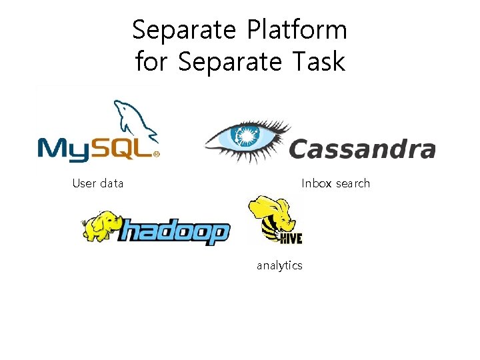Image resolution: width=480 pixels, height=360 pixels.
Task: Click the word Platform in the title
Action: pos(297,30)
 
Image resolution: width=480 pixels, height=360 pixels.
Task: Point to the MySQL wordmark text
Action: pos(97,147)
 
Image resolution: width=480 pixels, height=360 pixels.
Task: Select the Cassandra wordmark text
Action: pos(362,149)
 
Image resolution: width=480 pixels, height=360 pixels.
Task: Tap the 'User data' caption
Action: pos(98,183)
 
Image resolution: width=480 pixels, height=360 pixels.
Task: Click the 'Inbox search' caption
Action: pos(335,183)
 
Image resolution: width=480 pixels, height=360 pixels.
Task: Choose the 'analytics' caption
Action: pos(279,265)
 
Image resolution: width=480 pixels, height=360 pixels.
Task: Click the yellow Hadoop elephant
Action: pos(101,225)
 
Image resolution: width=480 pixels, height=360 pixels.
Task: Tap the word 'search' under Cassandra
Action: pos(352,183)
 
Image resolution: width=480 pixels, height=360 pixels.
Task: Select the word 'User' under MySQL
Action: pos(84,183)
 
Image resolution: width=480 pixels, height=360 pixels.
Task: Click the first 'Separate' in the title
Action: pos(184,30)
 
